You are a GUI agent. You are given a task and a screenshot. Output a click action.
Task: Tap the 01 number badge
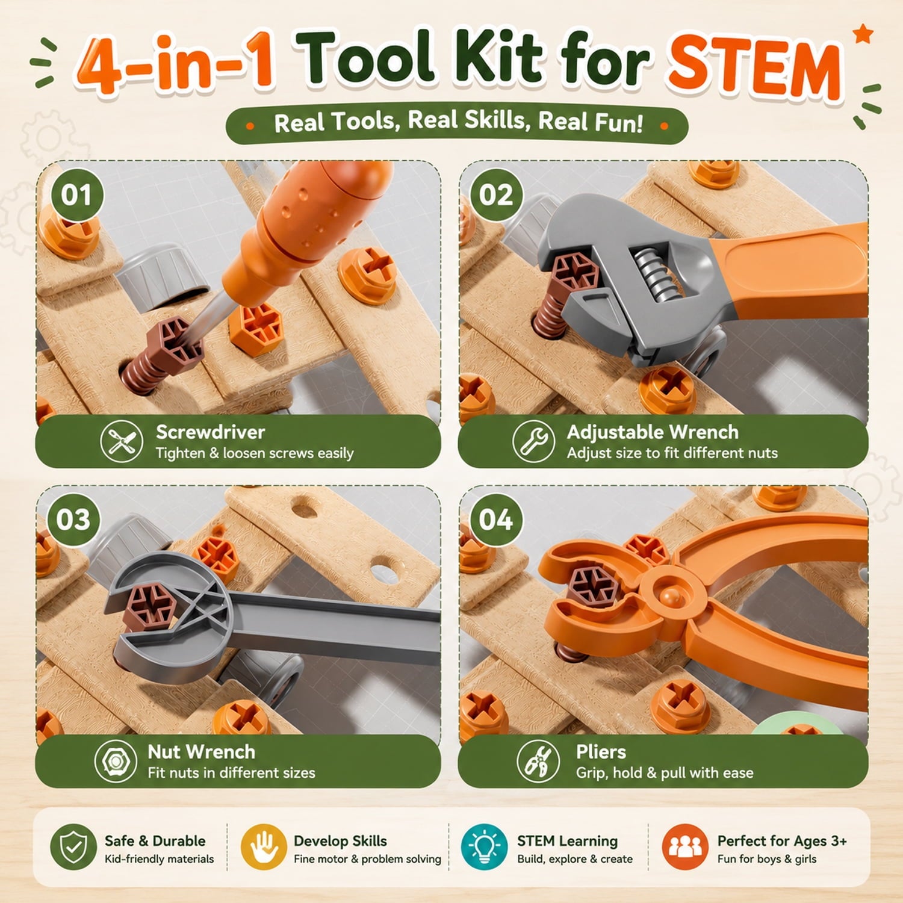76,195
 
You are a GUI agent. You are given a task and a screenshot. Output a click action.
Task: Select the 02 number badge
496,195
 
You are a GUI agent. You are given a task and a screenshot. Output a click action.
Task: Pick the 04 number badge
496,520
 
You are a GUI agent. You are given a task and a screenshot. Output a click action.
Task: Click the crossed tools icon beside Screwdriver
122,441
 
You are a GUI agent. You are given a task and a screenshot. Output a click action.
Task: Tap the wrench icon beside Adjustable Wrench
533,441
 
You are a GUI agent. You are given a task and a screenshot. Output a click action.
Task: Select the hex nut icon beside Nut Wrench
116,762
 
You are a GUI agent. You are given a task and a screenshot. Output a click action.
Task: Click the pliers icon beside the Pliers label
538,762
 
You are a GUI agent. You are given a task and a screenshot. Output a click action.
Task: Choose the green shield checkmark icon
73,847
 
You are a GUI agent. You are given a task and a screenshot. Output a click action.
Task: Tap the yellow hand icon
264,847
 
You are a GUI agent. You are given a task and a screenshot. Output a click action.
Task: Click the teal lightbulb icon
484,847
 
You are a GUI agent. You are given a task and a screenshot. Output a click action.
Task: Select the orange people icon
685,847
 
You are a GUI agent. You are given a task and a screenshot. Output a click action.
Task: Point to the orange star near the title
863,34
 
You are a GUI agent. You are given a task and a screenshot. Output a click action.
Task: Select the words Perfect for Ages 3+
782,840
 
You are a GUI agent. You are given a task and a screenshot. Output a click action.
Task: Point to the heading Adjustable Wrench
653,432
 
